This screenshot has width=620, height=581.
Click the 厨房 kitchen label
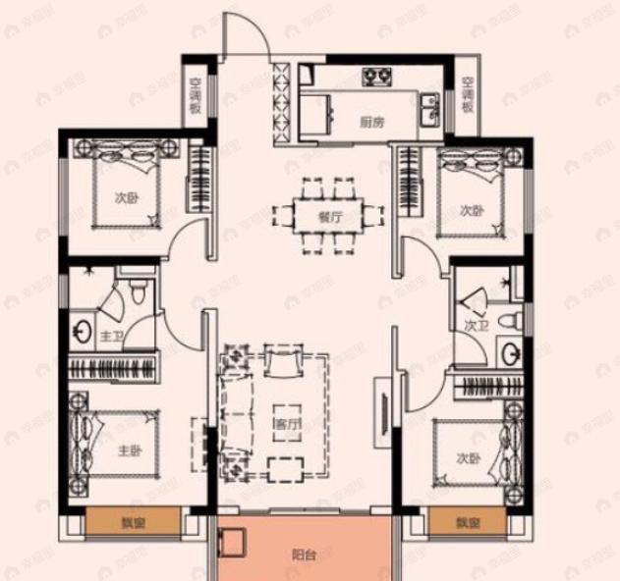pyautogui.click(x=369, y=123)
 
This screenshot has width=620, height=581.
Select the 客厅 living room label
pyautogui.click(x=286, y=424)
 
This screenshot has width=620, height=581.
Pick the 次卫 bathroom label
pyautogui.click(x=476, y=326)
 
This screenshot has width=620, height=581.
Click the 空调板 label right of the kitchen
pyautogui.click(x=468, y=94)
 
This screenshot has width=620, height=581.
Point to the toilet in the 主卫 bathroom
pyautogui.click(x=138, y=290)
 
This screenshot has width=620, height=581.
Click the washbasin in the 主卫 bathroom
pyautogui.click(x=80, y=330)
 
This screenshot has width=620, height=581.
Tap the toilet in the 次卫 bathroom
pyautogui.click(x=510, y=321)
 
